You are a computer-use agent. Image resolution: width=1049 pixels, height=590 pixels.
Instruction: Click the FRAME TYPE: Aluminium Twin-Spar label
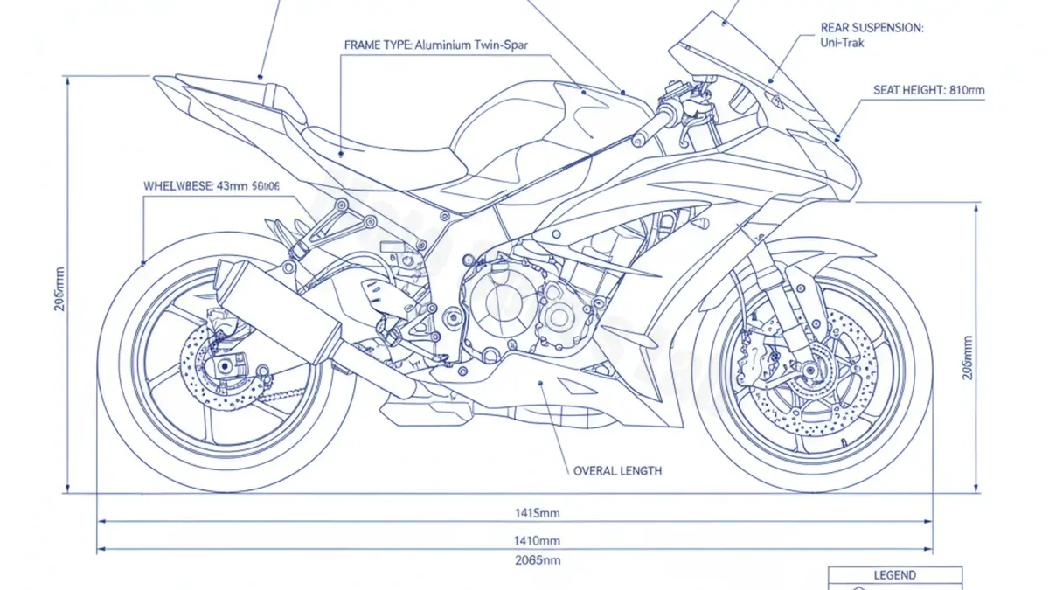coord(432,45)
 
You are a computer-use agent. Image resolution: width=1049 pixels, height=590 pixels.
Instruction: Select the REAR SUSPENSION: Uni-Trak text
coord(872,35)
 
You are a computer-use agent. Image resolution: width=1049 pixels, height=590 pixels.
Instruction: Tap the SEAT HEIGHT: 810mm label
coord(929,89)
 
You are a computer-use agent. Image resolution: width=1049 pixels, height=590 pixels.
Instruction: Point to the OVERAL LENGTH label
coord(617,471)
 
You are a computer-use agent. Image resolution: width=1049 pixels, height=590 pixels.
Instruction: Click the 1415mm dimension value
coord(538,512)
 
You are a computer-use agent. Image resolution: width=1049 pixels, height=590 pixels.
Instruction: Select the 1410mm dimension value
coord(538,541)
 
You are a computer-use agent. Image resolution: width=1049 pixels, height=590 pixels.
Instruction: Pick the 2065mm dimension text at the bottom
coord(538,560)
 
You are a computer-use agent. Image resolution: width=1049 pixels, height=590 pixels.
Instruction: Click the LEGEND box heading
coord(894,575)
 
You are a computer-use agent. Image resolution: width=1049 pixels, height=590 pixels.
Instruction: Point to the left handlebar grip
coord(647,132)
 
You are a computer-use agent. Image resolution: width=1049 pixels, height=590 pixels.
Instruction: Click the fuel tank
coord(524,122)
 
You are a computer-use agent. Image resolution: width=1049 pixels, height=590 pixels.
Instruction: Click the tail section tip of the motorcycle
coord(166,83)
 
